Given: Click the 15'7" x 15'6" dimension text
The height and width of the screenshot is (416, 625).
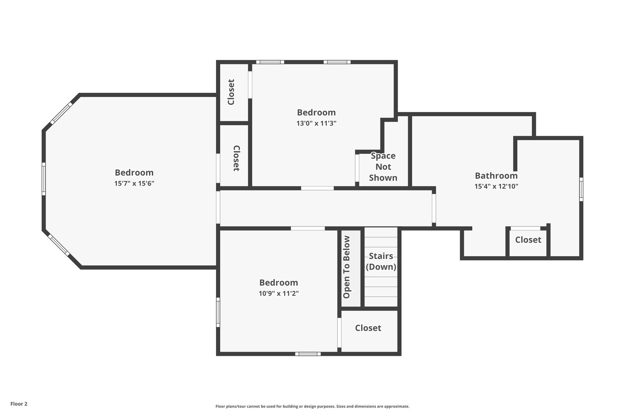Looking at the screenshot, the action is click(134, 183).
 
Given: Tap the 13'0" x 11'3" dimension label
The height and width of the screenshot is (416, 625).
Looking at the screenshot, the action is click(316, 123).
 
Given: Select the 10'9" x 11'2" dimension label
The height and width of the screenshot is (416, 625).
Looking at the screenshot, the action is click(279, 294).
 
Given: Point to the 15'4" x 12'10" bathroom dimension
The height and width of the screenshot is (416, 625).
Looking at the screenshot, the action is click(497, 186).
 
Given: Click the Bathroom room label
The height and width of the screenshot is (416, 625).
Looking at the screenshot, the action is click(497, 176).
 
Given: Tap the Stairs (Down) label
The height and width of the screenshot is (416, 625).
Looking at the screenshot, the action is click(381, 262).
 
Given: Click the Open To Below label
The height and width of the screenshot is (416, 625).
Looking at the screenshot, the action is click(346, 267).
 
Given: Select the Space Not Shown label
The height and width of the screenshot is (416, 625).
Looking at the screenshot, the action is click(383, 167).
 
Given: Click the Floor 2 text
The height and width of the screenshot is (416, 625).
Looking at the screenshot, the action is click(19, 404).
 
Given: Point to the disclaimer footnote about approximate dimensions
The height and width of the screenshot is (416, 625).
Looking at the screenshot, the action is click(312, 406).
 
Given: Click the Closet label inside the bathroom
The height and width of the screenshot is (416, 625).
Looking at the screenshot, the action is click(528, 240).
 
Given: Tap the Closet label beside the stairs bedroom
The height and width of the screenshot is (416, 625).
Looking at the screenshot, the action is click(368, 328).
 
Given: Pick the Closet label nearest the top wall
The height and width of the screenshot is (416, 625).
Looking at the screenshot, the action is click(231, 92).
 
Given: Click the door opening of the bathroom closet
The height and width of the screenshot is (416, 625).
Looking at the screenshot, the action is click(525, 228).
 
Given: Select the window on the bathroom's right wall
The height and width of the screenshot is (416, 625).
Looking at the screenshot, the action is click(581, 189).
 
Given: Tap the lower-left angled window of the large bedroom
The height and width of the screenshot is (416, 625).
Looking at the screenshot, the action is click(59, 245).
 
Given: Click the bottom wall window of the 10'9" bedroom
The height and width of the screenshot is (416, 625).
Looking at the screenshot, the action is click(308, 354).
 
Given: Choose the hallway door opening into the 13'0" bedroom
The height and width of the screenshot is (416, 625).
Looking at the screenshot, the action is click(317, 188).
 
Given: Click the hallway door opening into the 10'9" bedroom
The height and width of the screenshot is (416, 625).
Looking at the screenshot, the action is click(308, 228).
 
